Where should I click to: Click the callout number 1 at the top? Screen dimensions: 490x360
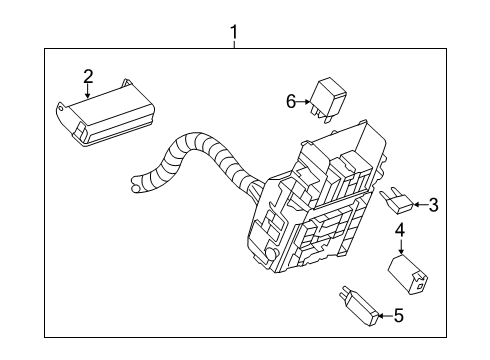pyautogui.click(x=234, y=32)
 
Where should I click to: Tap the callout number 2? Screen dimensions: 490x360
pyautogui.click(x=88, y=76)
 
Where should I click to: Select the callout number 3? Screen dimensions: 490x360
pyautogui.click(x=433, y=205)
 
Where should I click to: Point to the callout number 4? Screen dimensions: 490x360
pyautogui.click(x=400, y=231)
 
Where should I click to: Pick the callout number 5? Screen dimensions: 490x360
pyautogui.click(x=398, y=315)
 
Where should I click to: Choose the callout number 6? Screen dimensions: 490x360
pyautogui.click(x=291, y=101)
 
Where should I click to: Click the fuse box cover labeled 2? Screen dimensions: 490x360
pyautogui.click(x=106, y=112)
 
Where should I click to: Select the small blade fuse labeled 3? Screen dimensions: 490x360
pyautogui.click(x=397, y=200)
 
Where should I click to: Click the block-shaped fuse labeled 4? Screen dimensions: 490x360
pyautogui.click(x=408, y=274)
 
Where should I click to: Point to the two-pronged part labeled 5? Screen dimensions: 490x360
pyautogui.click(x=358, y=305)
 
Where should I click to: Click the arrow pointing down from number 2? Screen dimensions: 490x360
pyautogui.click(x=88, y=91)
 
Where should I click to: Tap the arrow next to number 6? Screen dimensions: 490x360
pyautogui.click(x=303, y=102)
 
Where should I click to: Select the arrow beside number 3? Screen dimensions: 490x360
pyautogui.click(x=421, y=204)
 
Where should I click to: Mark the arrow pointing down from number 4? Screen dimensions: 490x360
pyautogui.click(x=400, y=247)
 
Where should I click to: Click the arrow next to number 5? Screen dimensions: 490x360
pyautogui.click(x=386, y=316)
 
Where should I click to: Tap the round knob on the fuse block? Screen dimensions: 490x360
pyautogui.click(x=272, y=253)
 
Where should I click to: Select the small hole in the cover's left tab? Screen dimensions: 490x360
pyautogui.click(x=60, y=108)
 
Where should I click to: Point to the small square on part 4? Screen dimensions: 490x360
pyautogui.click(x=420, y=285)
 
